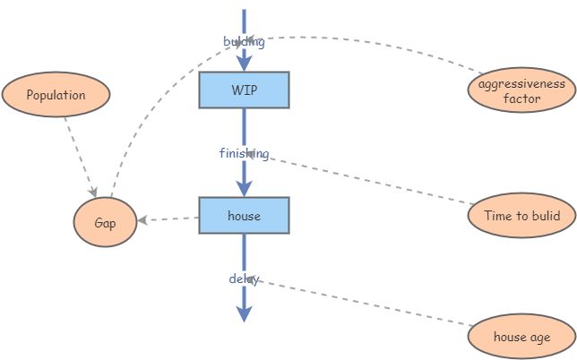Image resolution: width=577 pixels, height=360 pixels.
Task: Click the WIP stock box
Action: pyautogui.click(x=244, y=90)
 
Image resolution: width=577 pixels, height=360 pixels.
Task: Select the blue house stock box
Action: pyautogui.click(x=244, y=216)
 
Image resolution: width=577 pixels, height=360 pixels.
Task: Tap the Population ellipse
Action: pyautogui.click(x=56, y=95)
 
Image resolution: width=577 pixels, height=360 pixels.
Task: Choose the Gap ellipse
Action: pyautogui.click(x=105, y=222)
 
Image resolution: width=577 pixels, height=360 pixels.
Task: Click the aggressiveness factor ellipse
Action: pyautogui.click(x=521, y=90)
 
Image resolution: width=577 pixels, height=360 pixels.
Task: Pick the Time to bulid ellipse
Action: pyautogui.click(x=521, y=216)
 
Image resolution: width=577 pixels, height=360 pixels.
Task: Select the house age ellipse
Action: pyautogui.click(x=521, y=338)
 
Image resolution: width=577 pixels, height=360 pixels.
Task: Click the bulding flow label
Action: pyautogui.click(x=244, y=41)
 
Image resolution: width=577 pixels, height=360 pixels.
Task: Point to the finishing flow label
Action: pyautogui.click(x=244, y=153)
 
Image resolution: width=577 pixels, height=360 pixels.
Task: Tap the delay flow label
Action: pyautogui.click(x=244, y=279)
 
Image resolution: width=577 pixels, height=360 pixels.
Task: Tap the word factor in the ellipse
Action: pyautogui.click(x=521, y=99)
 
